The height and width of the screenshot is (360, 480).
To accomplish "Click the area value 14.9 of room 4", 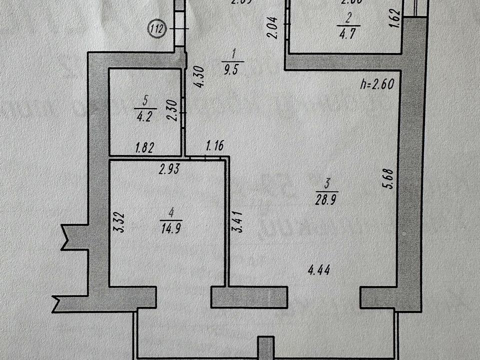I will (171, 228).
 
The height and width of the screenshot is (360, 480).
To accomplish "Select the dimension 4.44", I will (320, 271).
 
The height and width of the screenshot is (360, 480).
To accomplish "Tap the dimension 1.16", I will (215, 146).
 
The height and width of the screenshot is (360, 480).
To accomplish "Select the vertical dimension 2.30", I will (172, 109).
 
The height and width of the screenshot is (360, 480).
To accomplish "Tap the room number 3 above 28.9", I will (327, 184).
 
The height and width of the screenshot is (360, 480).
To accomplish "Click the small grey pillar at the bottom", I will (266, 348).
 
